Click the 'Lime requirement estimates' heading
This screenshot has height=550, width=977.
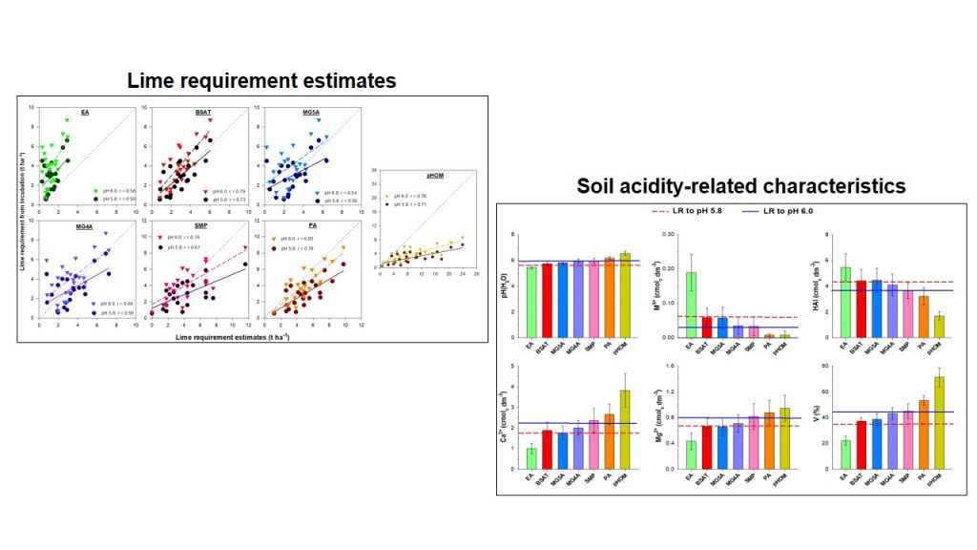point(261,81)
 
